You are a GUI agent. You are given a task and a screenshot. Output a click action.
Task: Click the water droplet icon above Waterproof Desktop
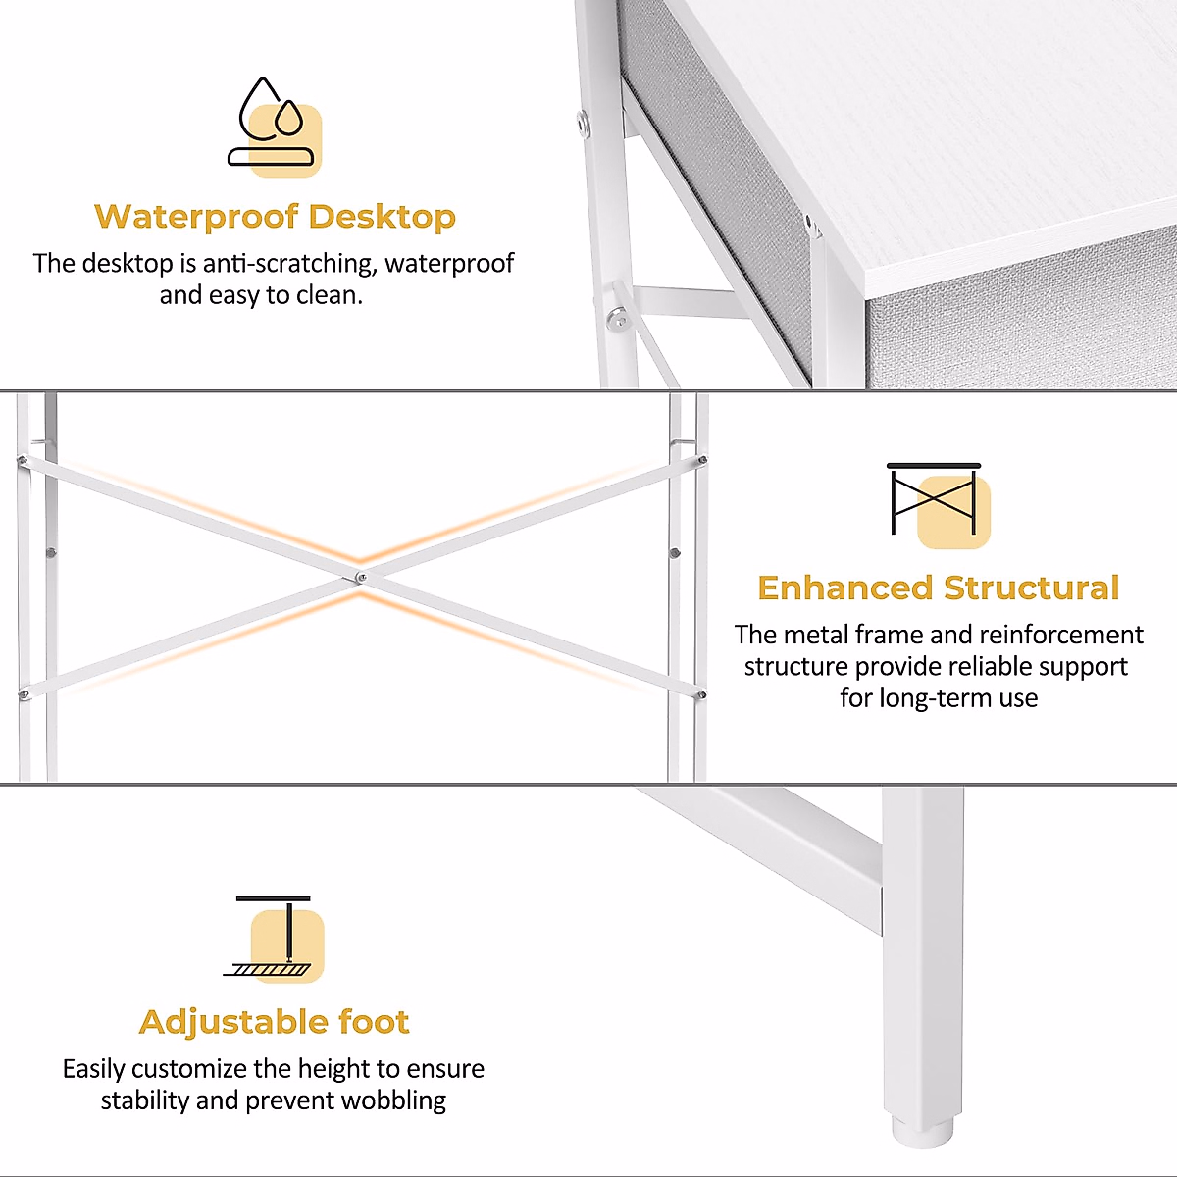(x=275, y=128)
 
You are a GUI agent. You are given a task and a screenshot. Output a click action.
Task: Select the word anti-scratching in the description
(x=290, y=264)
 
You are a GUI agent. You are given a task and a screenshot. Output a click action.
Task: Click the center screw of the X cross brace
(x=361, y=578)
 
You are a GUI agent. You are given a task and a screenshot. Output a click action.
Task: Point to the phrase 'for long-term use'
(x=939, y=698)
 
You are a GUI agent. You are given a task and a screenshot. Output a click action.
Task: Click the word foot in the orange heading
(x=374, y=1022)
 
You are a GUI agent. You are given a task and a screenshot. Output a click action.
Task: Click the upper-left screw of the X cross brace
(x=22, y=459)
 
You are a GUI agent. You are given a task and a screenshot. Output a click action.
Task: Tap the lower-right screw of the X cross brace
(x=701, y=694)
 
